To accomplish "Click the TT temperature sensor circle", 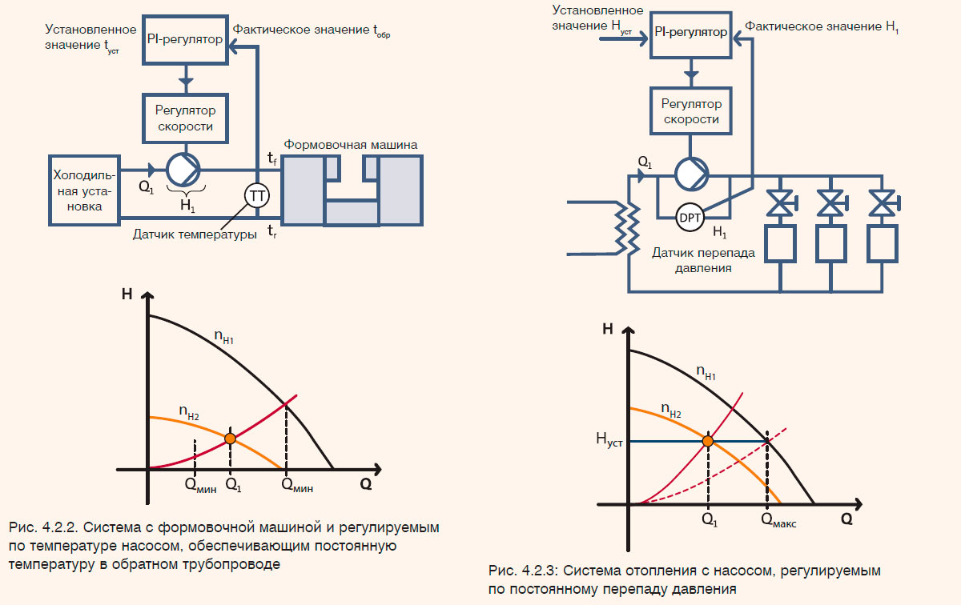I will click(257, 195).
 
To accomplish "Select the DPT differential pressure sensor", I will click(690, 217).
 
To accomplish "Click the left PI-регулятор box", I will click(185, 38).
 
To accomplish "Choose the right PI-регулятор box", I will click(690, 34).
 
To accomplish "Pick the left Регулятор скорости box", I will click(185, 117).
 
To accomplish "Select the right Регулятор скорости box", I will click(690, 110).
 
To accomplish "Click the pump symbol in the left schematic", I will click(185, 169).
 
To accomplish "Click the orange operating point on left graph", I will click(231, 438).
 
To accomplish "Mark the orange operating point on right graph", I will click(708, 441).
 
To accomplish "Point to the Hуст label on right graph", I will click(608, 440).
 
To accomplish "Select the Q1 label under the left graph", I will click(232, 484).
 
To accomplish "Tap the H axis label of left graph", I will click(127, 293).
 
